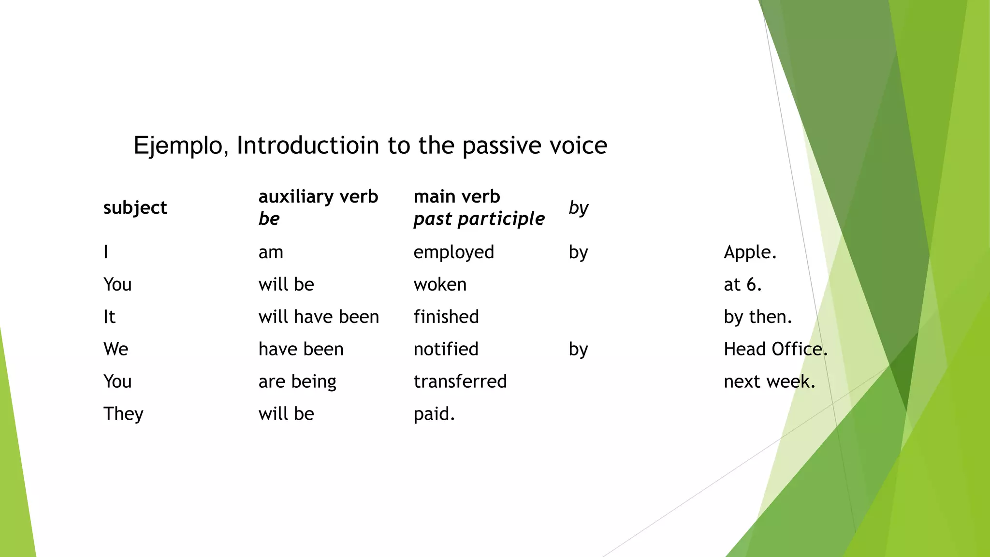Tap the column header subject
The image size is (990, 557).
click(135, 207)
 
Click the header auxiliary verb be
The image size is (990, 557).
click(318, 207)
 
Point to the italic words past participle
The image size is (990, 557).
click(479, 219)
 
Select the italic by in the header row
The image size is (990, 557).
click(578, 208)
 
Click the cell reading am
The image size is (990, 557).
click(270, 252)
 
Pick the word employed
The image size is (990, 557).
click(453, 252)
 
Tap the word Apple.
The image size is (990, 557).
click(750, 252)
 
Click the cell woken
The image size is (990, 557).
click(440, 284)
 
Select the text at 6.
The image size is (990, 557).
click(742, 284)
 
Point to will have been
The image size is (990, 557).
click(319, 317)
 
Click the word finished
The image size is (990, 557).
click(446, 317)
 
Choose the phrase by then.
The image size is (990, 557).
click(757, 317)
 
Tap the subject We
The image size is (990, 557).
click(116, 349)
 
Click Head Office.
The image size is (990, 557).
click(775, 349)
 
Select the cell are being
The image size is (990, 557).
click(297, 381)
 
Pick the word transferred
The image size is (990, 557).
click(460, 381)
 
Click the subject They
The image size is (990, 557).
click(123, 414)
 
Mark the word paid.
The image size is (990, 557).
click(434, 414)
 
